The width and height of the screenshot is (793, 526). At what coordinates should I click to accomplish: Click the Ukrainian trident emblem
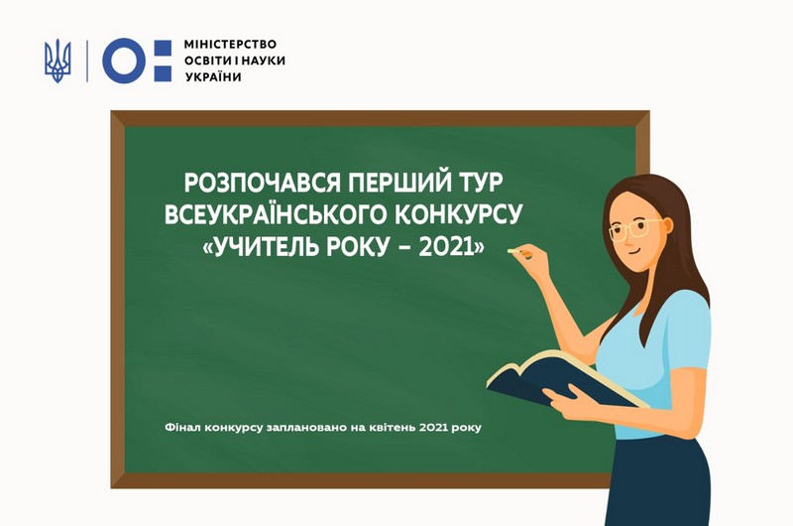[x=57, y=61]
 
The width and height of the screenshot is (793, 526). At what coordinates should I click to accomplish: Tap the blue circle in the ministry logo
[x=124, y=61]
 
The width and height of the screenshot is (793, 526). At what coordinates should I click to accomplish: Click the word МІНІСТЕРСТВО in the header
[x=230, y=44]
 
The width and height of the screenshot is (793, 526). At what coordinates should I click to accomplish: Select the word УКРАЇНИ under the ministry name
[x=213, y=77]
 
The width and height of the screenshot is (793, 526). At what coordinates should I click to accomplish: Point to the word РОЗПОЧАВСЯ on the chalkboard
[x=263, y=183]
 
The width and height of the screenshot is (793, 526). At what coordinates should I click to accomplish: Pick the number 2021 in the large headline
[x=447, y=247]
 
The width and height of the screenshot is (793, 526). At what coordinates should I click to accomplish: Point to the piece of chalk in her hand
[x=515, y=251]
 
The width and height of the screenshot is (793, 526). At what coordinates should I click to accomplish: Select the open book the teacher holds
[x=561, y=380]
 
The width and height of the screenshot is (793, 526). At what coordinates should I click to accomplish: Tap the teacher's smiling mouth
[x=632, y=249]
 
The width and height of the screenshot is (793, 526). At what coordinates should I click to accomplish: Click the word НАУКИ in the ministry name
[x=263, y=61]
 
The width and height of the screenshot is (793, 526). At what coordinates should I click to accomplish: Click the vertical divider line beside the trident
[x=87, y=61]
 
